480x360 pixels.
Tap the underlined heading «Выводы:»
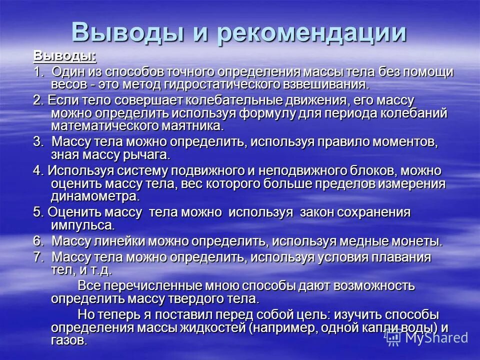click(65, 55)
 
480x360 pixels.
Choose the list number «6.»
click(39, 241)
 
